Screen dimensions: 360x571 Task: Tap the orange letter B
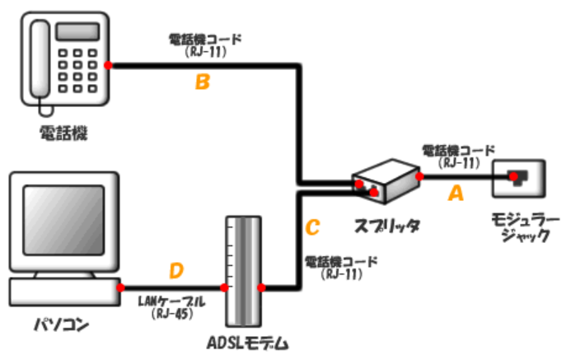click(x=202, y=82)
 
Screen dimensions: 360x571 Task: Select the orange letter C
click(x=312, y=225)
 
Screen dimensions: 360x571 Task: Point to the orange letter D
click(x=176, y=269)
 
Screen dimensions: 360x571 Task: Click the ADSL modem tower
click(x=241, y=272)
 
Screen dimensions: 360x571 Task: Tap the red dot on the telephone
click(x=108, y=64)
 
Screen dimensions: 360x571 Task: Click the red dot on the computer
click(x=120, y=288)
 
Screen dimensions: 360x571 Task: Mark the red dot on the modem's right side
click(x=261, y=288)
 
